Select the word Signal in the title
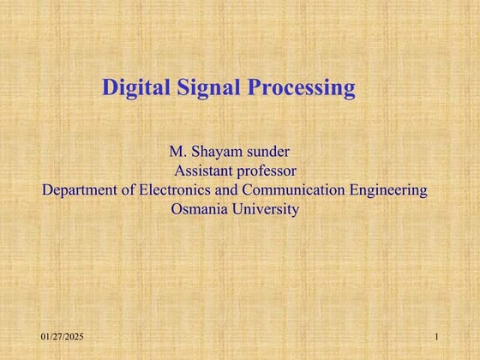tap(198, 87)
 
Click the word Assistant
tap(209, 171)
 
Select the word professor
tap(272, 171)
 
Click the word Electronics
tap(176, 189)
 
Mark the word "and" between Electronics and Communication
tap(229, 189)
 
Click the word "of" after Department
tap(129, 189)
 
